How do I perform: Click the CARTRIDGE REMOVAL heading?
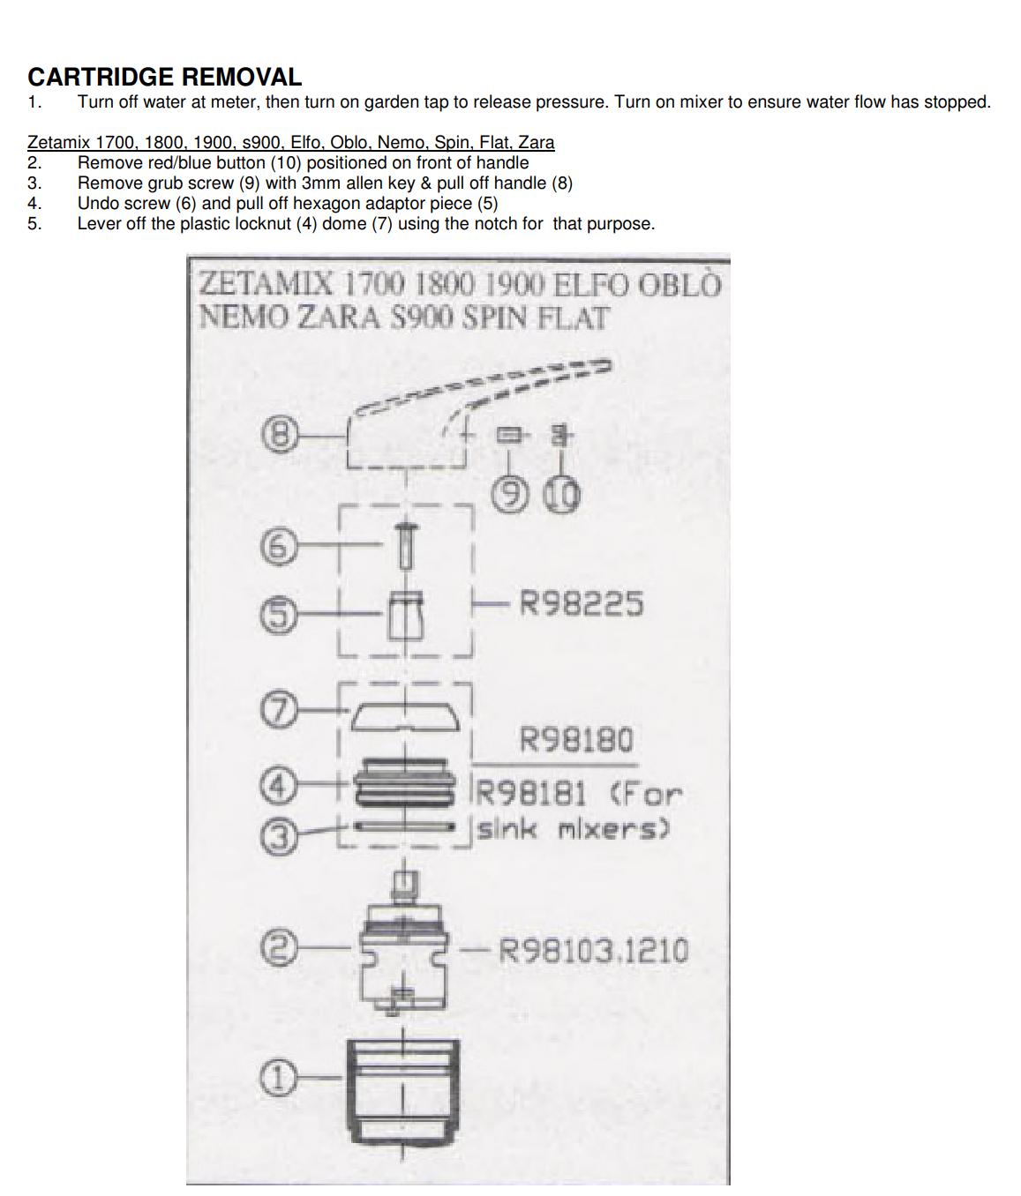pos(165,77)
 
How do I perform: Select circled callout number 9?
pos(509,496)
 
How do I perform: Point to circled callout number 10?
pos(561,496)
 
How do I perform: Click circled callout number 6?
pos(278,547)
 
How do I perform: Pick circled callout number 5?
pos(278,614)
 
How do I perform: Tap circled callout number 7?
pos(278,711)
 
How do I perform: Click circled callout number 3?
pos(278,836)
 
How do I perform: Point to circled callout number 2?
pos(278,948)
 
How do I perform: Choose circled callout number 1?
pos(278,1078)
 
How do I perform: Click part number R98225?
pos(582,603)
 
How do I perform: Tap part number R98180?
pos(576,740)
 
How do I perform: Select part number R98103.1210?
pos(594,951)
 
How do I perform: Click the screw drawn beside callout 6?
pos(406,546)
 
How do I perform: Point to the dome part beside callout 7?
pos(406,717)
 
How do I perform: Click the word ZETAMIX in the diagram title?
pos(266,285)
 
